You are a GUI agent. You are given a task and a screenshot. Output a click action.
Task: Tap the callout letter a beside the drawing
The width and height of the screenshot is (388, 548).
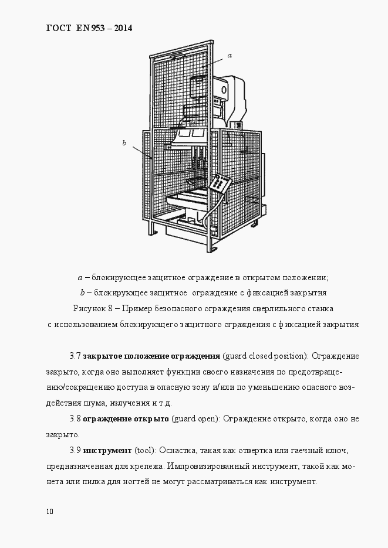230,55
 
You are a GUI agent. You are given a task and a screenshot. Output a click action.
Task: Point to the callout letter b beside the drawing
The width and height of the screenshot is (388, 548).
124,142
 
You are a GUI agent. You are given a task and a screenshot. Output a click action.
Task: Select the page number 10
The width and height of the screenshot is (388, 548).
49,511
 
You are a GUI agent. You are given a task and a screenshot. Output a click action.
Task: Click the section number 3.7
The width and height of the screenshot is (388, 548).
75,356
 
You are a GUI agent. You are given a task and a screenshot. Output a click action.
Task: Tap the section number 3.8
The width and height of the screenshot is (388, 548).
75,419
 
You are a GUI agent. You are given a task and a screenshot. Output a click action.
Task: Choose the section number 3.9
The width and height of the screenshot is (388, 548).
75,451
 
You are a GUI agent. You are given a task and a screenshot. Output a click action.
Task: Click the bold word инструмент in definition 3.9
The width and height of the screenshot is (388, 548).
108,451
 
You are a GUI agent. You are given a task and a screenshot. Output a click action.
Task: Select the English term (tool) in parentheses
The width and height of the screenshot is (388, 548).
144,451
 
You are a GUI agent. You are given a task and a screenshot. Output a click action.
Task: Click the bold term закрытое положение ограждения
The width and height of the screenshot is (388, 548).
151,356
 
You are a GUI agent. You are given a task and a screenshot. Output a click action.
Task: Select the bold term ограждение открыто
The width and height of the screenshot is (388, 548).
126,419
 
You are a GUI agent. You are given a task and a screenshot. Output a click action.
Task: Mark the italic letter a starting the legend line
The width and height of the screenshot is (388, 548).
80,277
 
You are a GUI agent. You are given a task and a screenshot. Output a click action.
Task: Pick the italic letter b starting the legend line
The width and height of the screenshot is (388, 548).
82,292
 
